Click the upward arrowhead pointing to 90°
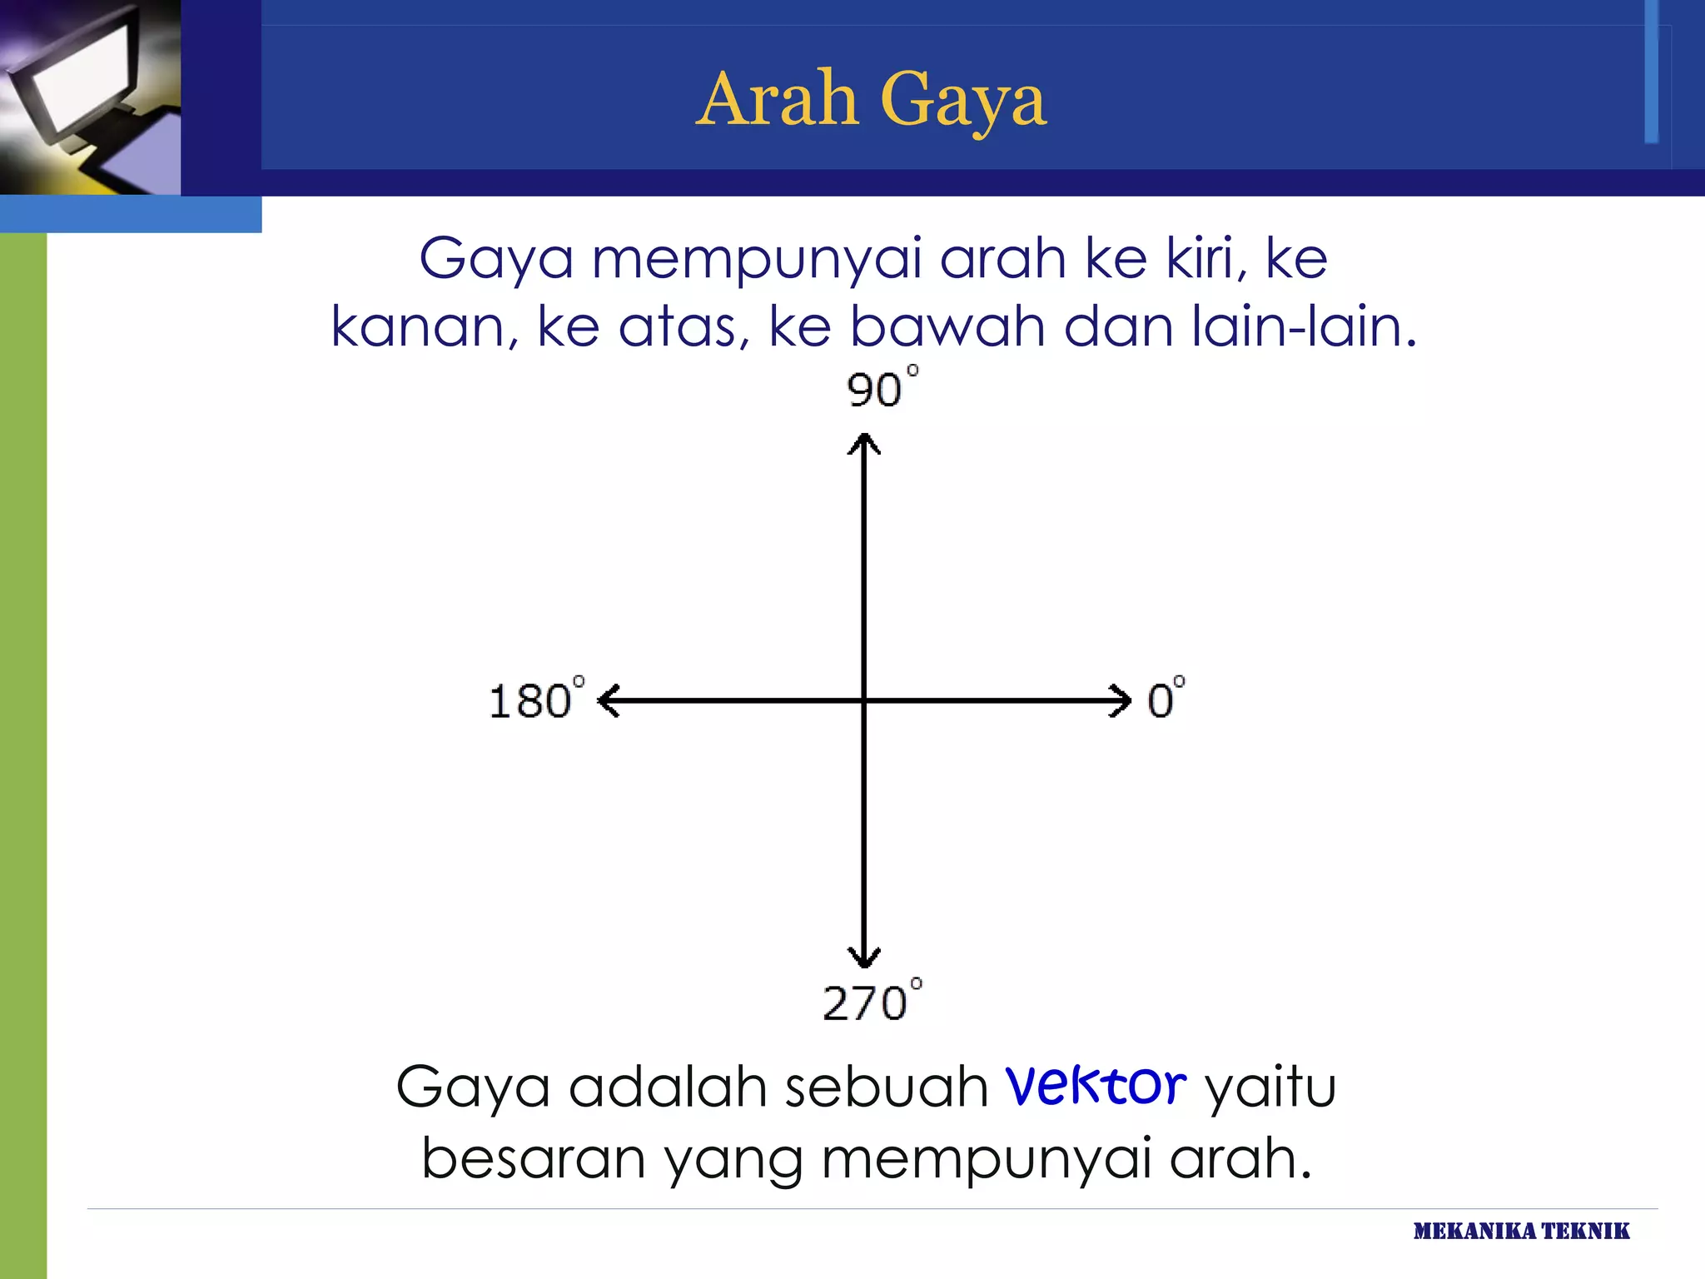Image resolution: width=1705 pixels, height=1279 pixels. click(x=864, y=444)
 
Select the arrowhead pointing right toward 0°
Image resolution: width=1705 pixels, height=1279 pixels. click(x=1121, y=701)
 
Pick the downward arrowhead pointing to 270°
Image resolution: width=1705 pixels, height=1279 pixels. click(x=864, y=958)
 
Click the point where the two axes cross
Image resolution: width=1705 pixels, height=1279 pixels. click(x=864, y=701)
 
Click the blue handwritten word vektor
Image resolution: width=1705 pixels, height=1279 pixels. click(x=1096, y=1086)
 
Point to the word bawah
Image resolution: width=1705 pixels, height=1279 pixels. click(x=947, y=326)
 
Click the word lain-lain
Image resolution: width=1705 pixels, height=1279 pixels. click(x=1304, y=326)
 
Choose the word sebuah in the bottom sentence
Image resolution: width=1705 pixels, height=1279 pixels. click(x=886, y=1087)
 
